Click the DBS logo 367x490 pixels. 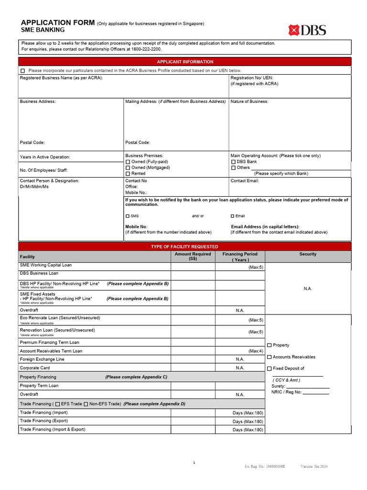tap(307, 30)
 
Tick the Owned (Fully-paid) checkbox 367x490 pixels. tap(128, 162)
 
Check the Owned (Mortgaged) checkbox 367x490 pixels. tap(128, 168)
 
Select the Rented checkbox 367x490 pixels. tap(128, 174)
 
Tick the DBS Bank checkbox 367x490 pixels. tap(233, 162)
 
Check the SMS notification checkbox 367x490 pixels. tap(128, 216)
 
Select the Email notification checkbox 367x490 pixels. tap(233, 216)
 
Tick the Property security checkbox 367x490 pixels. tap(269, 345)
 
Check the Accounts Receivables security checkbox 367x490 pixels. tap(269, 357)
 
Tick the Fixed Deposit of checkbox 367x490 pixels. tap(269, 368)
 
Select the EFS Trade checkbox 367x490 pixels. tap(58, 404)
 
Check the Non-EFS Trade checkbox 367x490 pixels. tap(86, 404)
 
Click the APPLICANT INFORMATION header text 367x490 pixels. tap(185, 62)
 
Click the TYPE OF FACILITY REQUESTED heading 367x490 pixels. tap(184, 246)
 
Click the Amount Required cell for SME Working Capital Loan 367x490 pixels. tap(193, 266)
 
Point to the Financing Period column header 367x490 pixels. tap(239, 257)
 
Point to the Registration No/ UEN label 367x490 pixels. tap(252, 78)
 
